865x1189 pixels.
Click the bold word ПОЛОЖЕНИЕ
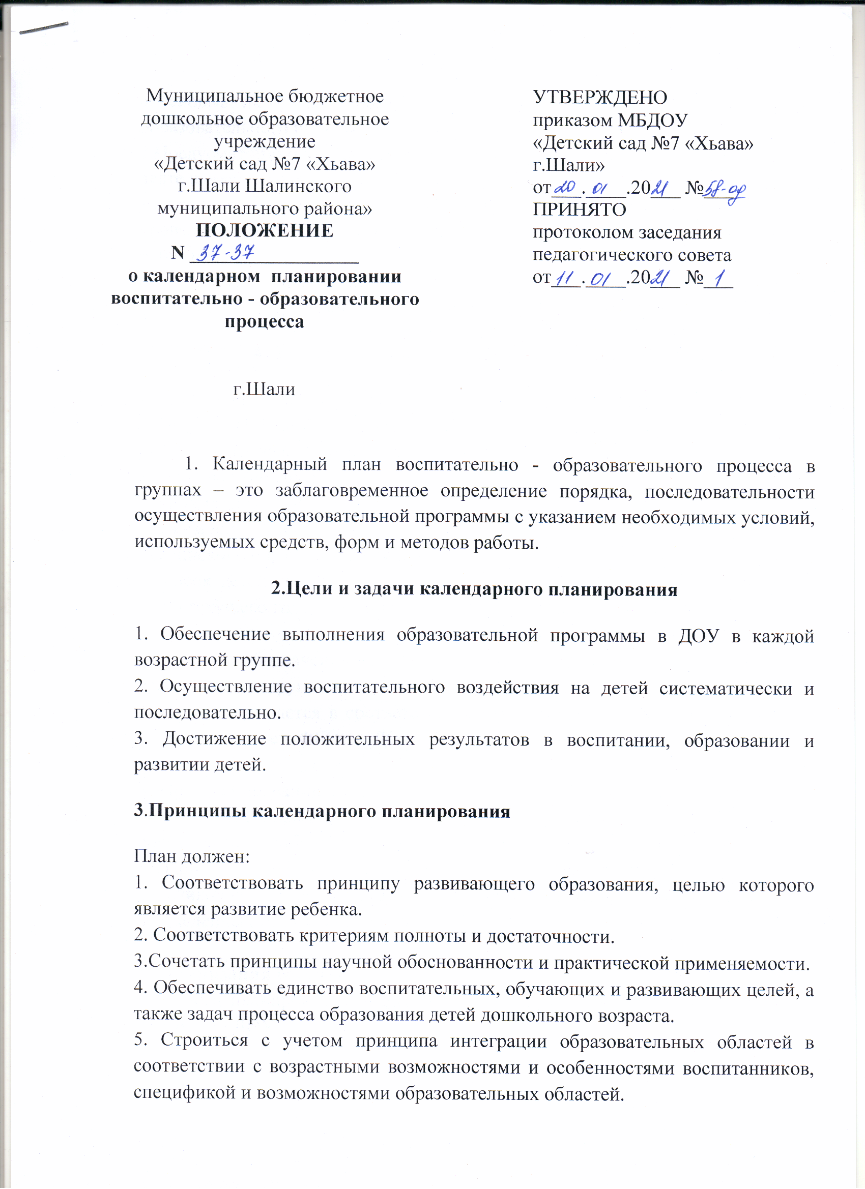[265, 231]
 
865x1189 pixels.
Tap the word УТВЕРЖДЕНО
[600, 98]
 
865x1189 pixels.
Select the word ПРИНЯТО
[579, 210]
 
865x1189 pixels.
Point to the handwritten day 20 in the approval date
[565, 187]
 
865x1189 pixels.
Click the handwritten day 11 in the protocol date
[565, 278]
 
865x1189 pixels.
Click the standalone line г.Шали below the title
[265, 389]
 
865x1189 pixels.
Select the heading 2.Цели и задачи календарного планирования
[474, 589]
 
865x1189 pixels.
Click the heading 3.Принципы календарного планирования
[322, 811]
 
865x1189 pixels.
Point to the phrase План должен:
[191, 856]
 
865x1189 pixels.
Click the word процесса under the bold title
[265, 321]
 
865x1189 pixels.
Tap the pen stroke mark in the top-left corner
[44, 28]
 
